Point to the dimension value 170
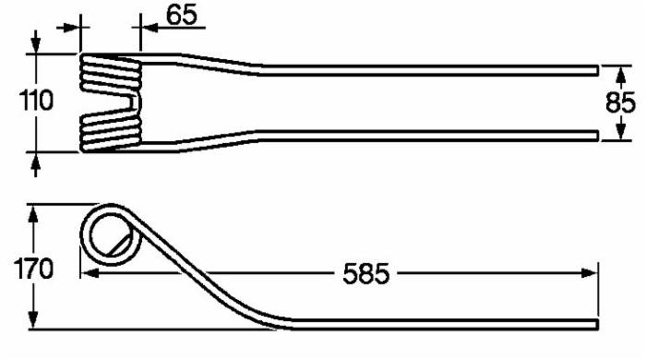click(35, 270)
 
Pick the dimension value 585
click(366, 273)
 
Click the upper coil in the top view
click(109, 72)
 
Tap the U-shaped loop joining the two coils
click(137, 101)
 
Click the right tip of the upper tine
click(596, 69)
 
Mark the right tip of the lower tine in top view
click(596, 135)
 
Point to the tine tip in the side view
click(595, 324)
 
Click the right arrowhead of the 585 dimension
click(590, 273)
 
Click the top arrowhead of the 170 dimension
click(34, 212)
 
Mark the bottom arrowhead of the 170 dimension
click(34, 323)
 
